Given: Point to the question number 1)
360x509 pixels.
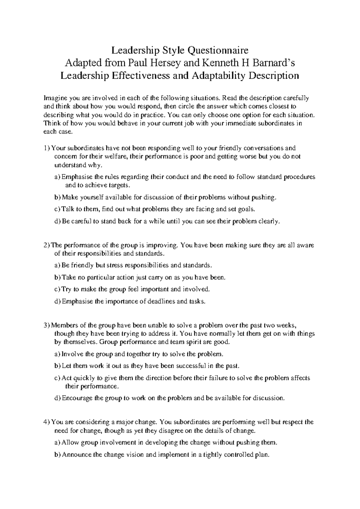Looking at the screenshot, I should (x=47, y=148).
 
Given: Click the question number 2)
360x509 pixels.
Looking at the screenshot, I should (x=47, y=245).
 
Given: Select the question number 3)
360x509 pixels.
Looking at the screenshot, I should (x=47, y=325).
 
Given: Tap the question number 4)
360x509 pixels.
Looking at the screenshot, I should (x=47, y=422).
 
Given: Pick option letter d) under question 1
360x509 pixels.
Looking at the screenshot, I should (x=57, y=221).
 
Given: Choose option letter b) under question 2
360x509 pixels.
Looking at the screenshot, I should (x=57, y=278).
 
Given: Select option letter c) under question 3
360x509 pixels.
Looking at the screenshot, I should (x=57, y=378).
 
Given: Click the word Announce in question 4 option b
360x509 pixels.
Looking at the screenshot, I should (x=76, y=455).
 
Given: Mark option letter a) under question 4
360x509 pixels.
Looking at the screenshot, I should (x=57, y=443).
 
